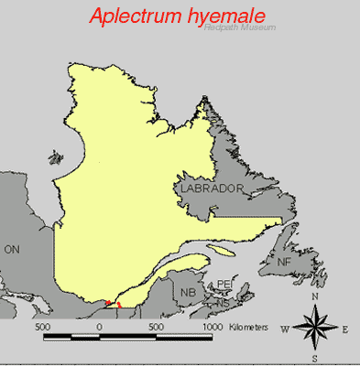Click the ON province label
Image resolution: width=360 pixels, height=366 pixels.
point(12,248)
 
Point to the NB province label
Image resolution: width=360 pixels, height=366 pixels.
point(188,293)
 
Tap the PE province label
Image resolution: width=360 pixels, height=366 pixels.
point(224,285)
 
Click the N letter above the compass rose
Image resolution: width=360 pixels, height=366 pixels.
point(315,296)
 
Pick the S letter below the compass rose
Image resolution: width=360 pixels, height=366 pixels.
point(315,357)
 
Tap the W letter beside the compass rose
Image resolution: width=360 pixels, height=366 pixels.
point(285,328)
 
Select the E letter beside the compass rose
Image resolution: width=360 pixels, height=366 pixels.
point(344,328)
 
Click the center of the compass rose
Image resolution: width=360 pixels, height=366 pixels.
point(315,328)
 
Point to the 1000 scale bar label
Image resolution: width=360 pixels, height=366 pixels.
point(213,326)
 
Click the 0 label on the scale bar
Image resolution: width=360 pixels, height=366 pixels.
point(99,326)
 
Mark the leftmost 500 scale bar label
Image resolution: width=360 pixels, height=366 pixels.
point(42,326)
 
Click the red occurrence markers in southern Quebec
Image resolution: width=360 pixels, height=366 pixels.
point(113,302)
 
